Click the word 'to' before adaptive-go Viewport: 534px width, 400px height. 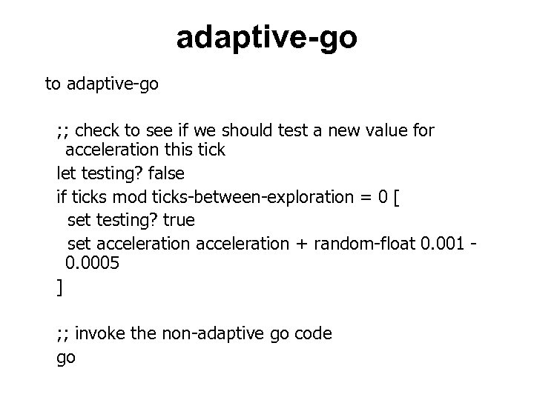[53, 84]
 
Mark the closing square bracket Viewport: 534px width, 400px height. [60, 287]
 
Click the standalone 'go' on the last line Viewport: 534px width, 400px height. [66, 359]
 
